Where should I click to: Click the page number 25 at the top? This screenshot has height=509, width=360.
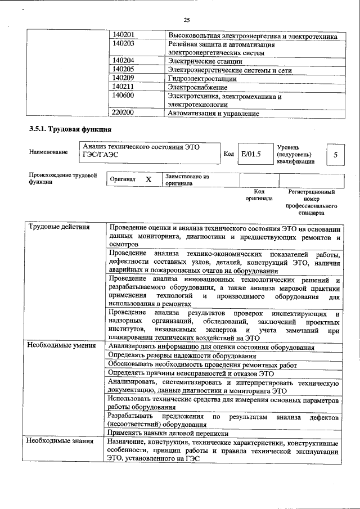[186, 20]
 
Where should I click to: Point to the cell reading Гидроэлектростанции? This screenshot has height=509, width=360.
[202, 79]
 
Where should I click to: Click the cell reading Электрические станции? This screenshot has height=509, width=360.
[205, 61]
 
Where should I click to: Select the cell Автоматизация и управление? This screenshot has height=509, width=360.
[213, 114]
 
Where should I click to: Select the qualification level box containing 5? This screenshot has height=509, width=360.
[335, 154]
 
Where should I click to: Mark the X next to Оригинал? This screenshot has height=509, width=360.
[148, 179]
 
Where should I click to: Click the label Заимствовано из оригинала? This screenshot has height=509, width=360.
[187, 179]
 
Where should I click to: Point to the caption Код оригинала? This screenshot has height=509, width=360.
[259, 195]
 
